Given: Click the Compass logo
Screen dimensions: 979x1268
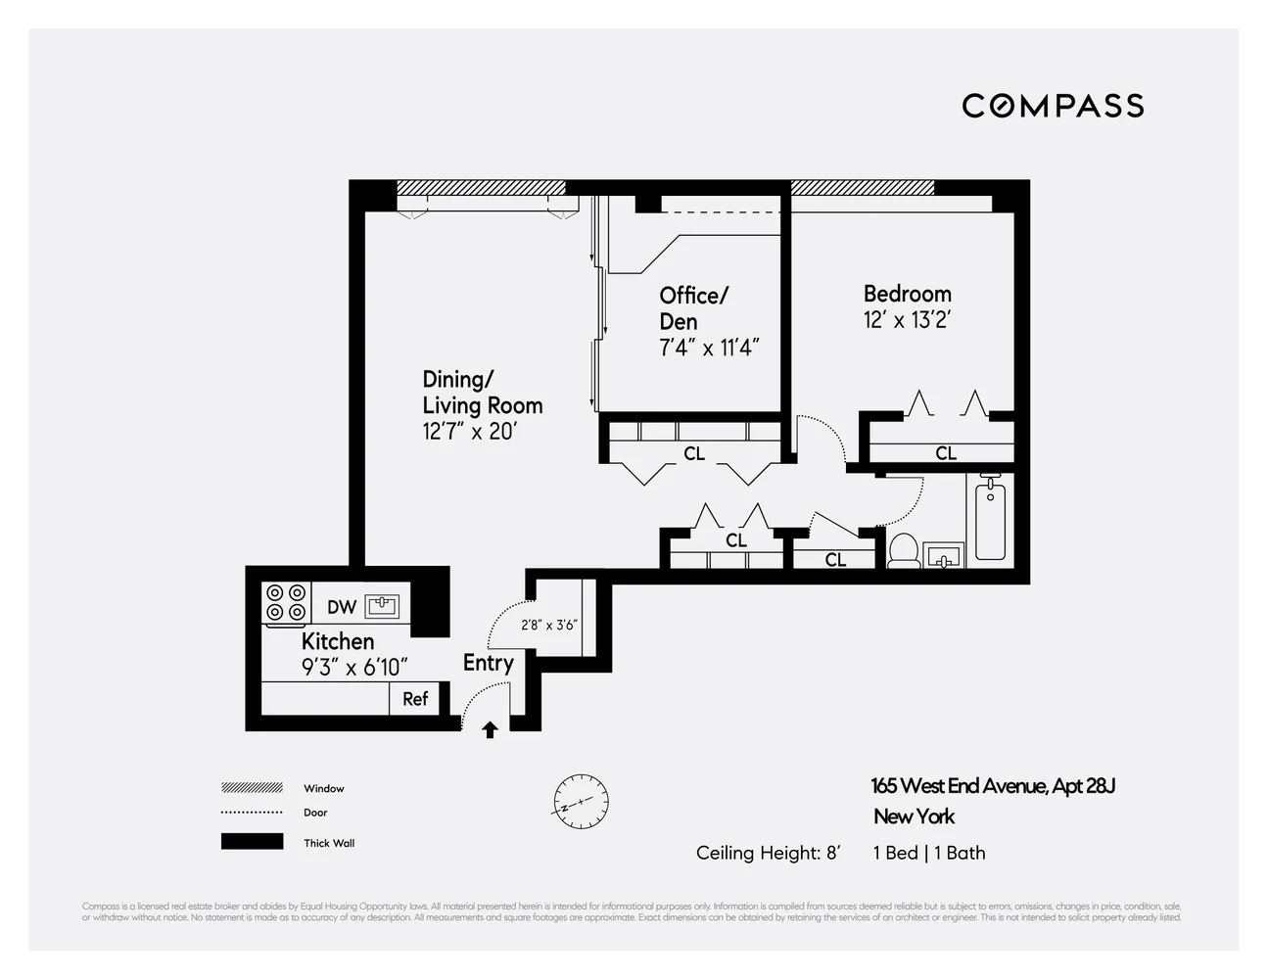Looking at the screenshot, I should pyautogui.click(x=1053, y=106).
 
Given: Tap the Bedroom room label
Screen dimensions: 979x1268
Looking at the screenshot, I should pyautogui.click(x=907, y=294).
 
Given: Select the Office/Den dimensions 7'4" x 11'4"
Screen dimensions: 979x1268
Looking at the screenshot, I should pyautogui.click(x=709, y=348).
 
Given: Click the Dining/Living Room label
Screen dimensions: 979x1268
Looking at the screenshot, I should pyautogui.click(x=482, y=393).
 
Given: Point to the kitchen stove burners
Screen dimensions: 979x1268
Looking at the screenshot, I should pyautogui.click(x=285, y=602).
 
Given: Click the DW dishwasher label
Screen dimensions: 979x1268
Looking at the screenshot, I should pyautogui.click(x=341, y=607).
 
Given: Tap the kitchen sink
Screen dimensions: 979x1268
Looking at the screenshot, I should pyautogui.click(x=382, y=606).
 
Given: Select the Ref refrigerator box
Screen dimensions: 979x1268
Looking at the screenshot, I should pyautogui.click(x=415, y=698).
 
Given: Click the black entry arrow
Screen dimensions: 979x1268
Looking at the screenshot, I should pyautogui.click(x=490, y=729).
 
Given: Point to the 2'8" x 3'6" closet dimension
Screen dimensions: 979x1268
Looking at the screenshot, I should pyautogui.click(x=549, y=625).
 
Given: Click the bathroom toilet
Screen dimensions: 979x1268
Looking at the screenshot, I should pyautogui.click(x=902, y=551).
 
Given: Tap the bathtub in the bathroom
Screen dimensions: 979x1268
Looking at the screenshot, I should pyautogui.click(x=990, y=520).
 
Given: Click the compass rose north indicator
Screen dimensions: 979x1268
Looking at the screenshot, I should pyautogui.click(x=580, y=802).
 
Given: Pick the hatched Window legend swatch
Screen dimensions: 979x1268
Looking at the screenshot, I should pyautogui.click(x=252, y=788).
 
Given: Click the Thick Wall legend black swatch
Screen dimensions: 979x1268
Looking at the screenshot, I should pyautogui.click(x=252, y=842).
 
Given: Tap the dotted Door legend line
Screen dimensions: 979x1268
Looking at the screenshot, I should pyautogui.click(x=252, y=813).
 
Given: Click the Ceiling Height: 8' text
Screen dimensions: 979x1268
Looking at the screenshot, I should pyautogui.click(x=768, y=853).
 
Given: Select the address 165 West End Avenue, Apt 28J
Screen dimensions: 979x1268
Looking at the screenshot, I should pyautogui.click(x=993, y=786).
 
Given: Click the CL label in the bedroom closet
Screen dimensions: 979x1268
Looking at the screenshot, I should pyautogui.click(x=945, y=453).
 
